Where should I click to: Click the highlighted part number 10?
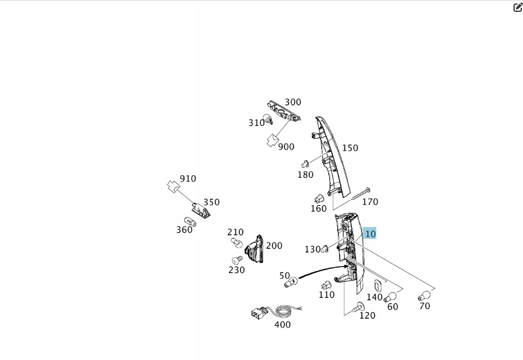[370, 234]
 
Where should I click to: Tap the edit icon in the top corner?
[518, 8]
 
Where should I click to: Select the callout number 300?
[293, 102]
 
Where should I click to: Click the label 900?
[286, 147]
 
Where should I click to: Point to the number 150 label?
[350, 148]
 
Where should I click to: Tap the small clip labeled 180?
[305, 163]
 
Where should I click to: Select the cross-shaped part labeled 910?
[173, 186]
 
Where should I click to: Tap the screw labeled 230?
[238, 260]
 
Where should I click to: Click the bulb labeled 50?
[290, 284]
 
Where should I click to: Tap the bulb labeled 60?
[390, 296]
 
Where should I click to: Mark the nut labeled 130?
[325, 249]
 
